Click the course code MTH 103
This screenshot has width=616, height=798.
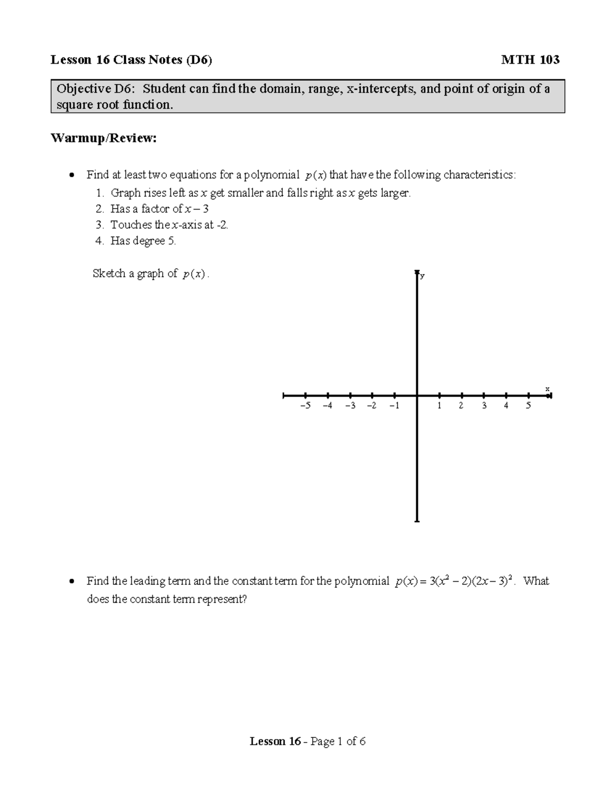tap(530, 60)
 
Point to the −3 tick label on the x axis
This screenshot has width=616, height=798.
tap(350, 406)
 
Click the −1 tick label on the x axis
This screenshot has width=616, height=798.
tap(394, 406)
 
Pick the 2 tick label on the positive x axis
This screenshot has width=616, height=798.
tap(461, 406)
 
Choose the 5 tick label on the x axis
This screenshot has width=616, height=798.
tap(528, 406)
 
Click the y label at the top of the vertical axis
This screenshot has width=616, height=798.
tap(422, 276)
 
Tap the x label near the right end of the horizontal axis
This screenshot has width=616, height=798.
tap(547, 389)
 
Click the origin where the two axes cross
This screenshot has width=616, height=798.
tap(417, 396)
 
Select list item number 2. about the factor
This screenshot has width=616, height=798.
tap(100, 209)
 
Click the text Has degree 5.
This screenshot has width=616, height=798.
tap(143, 241)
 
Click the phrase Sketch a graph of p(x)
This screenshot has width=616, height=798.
tap(151, 274)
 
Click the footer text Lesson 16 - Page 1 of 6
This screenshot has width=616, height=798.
tap(307, 741)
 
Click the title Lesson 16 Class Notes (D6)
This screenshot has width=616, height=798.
tap(131, 60)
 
